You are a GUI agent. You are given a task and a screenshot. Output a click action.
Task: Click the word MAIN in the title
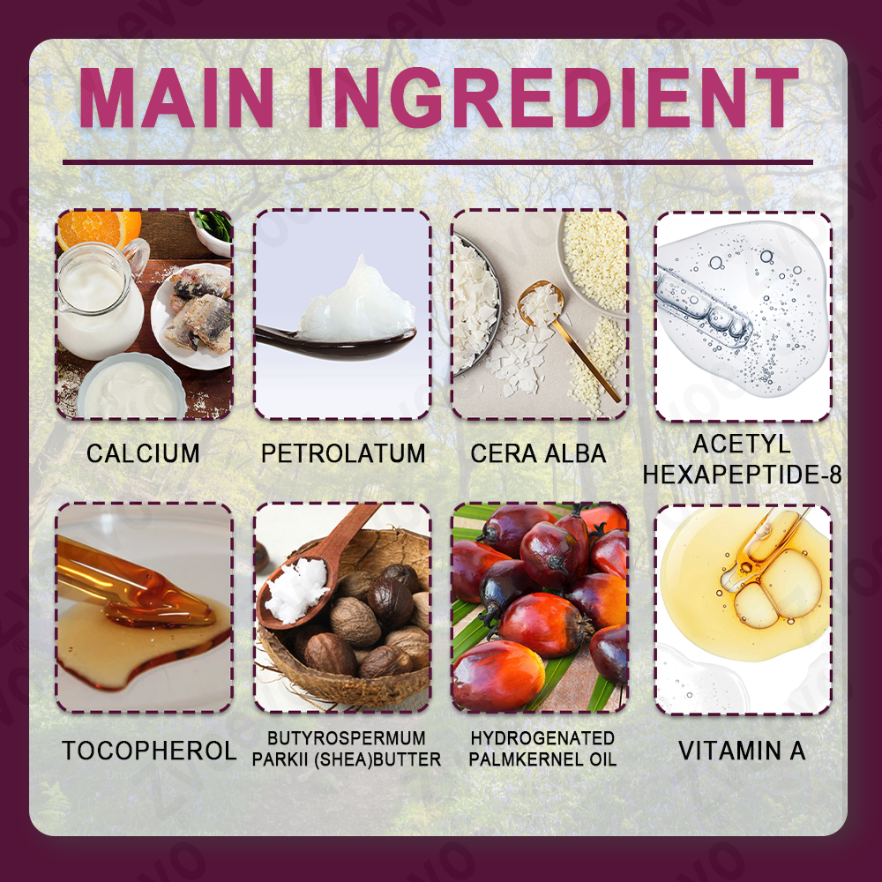pos(176,98)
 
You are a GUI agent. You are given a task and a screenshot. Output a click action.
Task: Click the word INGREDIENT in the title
pos(554,98)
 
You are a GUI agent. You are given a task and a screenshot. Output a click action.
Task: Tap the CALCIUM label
pos(143,453)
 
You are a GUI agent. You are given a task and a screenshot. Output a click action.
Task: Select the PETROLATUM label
pos(343,453)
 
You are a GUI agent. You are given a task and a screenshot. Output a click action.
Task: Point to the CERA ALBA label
pos(538,453)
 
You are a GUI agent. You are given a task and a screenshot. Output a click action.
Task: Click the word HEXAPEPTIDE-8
pos(742,475)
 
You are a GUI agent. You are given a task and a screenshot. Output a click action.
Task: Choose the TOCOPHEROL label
pos(149,751)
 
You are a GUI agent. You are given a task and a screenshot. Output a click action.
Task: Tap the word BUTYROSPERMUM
pos(347,738)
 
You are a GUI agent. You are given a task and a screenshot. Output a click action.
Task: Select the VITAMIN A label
pos(742,751)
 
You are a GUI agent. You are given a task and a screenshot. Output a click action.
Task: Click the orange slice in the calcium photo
pos(98,228)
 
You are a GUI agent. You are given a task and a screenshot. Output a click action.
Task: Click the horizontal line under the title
pos(437,162)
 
